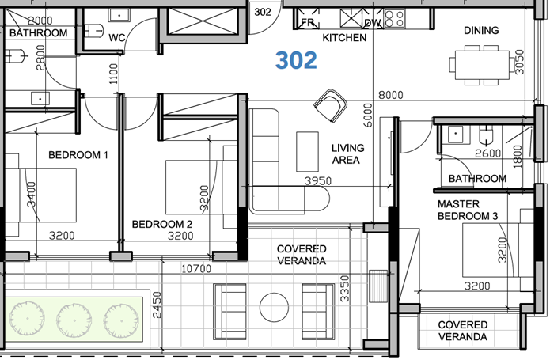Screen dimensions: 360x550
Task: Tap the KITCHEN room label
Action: point(344,38)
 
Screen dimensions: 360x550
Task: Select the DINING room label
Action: point(481,31)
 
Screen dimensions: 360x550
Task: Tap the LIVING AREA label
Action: point(346,153)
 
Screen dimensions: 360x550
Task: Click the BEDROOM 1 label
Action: point(78,155)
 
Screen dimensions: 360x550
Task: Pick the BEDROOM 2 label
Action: point(162,224)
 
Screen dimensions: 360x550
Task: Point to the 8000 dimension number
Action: point(390,95)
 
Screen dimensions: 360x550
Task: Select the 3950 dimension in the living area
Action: point(319,181)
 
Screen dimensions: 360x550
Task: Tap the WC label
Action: point(117,37)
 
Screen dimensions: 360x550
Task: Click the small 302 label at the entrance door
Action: point(264,12)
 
